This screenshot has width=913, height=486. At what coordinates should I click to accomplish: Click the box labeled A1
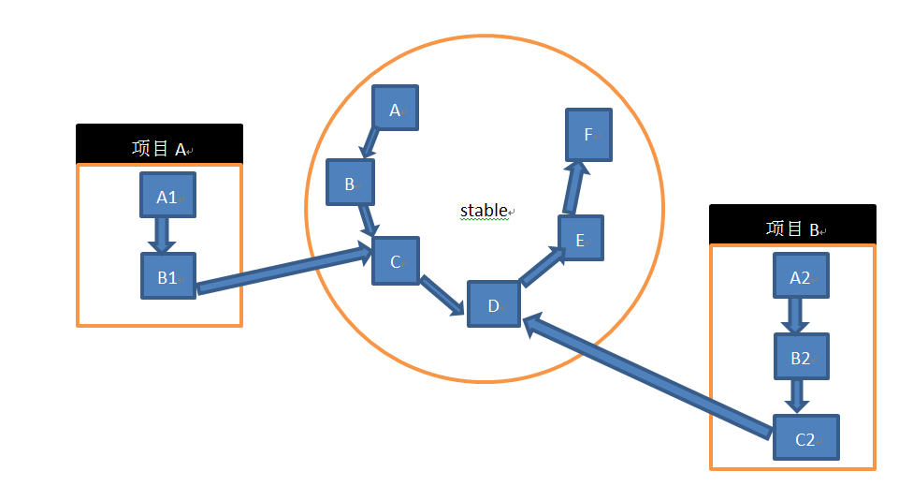pyautogui.click(x=167, y=195)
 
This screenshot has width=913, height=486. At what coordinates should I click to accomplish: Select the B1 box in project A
pyautogui.click(x=168, y=275)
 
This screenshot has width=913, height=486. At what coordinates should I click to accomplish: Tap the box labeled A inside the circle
pyautogui.click(x=395, y=109)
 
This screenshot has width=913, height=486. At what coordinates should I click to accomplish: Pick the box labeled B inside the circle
pyautogui.click(x=350, y=183)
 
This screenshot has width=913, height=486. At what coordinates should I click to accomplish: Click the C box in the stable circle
pyautogui.click(x=396, y=260)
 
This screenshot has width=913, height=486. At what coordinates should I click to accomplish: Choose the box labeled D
pyautogui.click(x=493, y=303)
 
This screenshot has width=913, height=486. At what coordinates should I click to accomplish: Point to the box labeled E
pyautogui.click(x=581, y=238)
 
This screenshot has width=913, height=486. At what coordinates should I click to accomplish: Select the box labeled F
pyautogui.click(x=589, y=133)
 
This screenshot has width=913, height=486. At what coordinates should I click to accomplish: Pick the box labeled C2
pyautogui.click(x=805, y=437)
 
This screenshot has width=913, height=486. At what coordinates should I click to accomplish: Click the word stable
pyautogui.click(x=484, y=210)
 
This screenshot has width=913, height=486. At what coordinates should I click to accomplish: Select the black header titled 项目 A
pyautogui.click(x=159, y=145)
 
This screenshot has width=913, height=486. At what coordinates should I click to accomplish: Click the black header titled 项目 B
pyautogui.click(x=792, y=225)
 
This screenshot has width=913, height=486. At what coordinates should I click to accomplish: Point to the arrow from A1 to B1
pyautogui.click(x=161, y=235)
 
